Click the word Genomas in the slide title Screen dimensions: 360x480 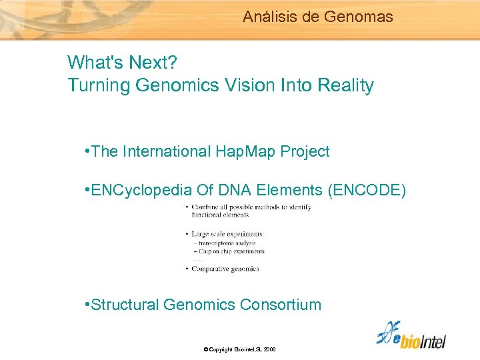pyautogui.click(x=359, y=17)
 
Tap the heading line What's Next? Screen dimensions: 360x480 pyautogui.click(x=122, y=63)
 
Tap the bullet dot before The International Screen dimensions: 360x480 pyautogui.click(x=89, y=151)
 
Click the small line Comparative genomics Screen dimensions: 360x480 pyautogui.click(x=225, y=269)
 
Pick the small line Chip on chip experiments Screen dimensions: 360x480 pyautogui.click(x=231, y=251)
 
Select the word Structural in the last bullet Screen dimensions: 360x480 pyautogui.click(x=125, y=305)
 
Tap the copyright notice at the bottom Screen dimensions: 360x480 pyautogui.click(x=240, y=349)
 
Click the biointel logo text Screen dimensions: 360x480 pyautogui.click(x=420, y=340)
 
